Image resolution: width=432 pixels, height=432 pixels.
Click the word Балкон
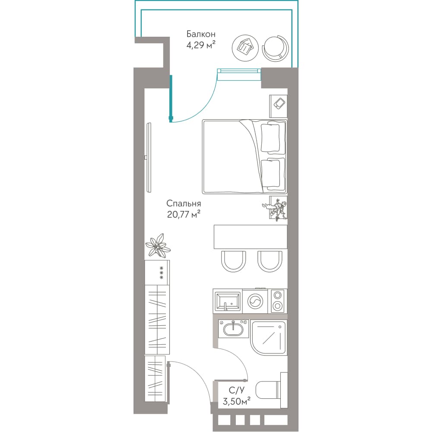(201, 34)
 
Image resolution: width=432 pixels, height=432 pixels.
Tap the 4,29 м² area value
(201, 44)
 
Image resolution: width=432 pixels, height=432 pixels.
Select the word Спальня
(184, 203)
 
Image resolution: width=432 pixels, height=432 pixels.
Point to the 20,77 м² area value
(184, 214)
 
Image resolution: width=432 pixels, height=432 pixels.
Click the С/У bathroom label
(237, 391)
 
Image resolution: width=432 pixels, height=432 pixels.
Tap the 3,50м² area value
(237, 401)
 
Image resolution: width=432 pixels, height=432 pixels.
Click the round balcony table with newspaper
(245, 48)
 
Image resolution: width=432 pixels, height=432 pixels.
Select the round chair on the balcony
(275, 48)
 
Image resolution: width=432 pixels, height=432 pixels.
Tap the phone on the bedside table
(280, 104)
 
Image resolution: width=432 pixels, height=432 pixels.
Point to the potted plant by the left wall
(158, 245)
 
